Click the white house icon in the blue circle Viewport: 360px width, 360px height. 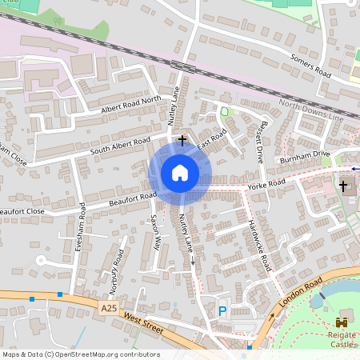click(180, 172)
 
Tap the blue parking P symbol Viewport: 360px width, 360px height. click(222, 311)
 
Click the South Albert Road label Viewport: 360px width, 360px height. click(120, 146)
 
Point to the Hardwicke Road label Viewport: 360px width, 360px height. click(261, 244)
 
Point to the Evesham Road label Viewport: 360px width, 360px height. click(81, 227)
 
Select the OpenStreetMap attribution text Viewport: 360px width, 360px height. click(80, 354)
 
